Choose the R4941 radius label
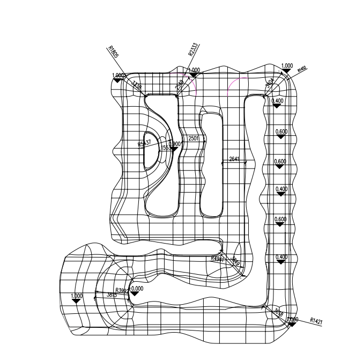point(217,258)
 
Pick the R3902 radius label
point(123,290)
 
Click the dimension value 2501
point(194,139)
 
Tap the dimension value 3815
point(112,295)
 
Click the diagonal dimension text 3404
point(270,83)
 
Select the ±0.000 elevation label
point(137,288)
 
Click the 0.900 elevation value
point(175,144)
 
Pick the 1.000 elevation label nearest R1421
point(293,320)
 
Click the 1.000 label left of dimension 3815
point(76,296)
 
